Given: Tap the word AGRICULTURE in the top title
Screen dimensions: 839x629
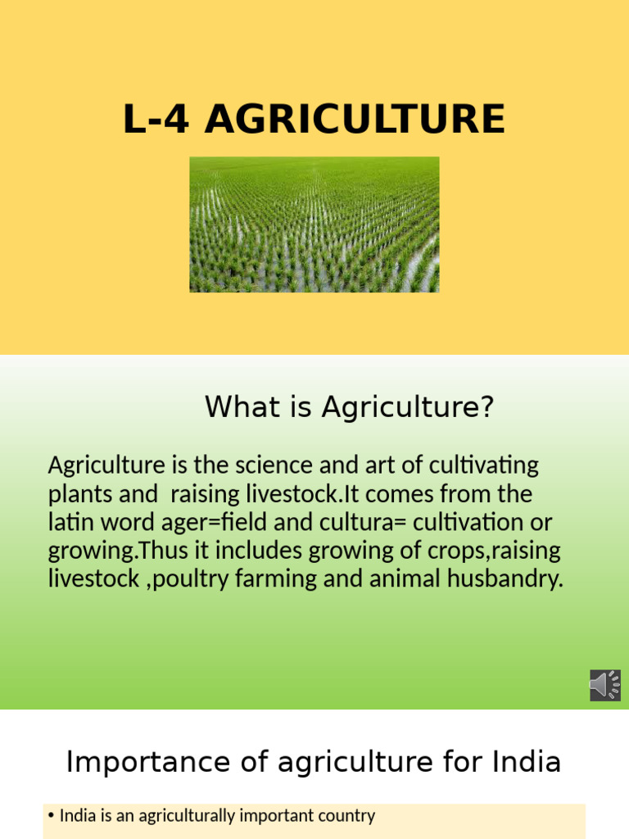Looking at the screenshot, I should point(355,120).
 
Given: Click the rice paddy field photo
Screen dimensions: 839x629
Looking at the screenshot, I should point(314,224).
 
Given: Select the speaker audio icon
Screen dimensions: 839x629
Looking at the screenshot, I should point(605,685).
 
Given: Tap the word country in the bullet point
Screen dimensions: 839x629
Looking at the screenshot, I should point(344,816).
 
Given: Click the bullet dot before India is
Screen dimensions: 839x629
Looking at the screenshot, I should point(52,816).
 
